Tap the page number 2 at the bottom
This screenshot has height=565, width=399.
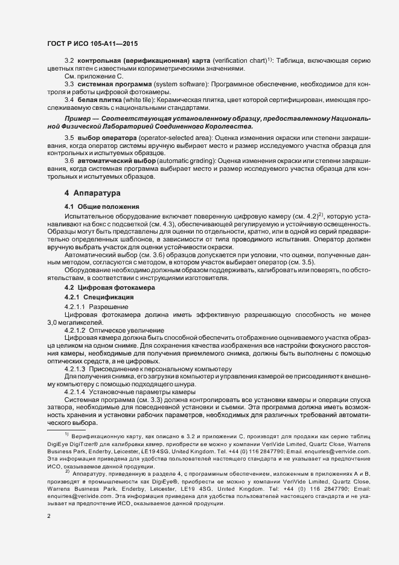(x=48, y=517)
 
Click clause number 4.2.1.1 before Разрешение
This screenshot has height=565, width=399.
(x=75, y=307)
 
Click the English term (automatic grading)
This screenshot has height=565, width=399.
(x=186, y=161)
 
